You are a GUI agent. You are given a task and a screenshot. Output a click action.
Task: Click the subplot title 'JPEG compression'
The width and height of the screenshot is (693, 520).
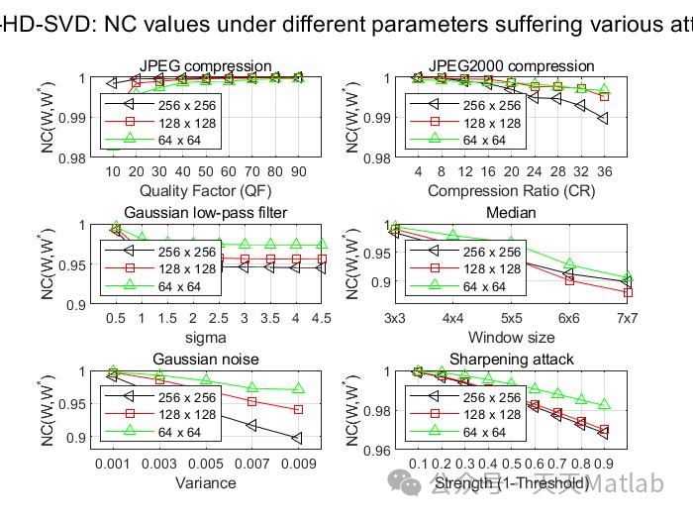click(206, 66)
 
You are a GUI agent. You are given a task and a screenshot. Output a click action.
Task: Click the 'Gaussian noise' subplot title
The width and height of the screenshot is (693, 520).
click(206, 359)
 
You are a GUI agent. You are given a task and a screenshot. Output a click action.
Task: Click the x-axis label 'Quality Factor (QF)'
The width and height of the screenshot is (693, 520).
click(206, 190)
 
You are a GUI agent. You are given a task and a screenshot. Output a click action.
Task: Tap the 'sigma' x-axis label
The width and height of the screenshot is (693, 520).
click(206, 337)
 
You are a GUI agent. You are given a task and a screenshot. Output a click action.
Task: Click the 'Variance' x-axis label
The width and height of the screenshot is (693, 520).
click(206, 482)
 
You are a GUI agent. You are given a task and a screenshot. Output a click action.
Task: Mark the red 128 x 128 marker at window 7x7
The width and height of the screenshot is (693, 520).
click(626, 292)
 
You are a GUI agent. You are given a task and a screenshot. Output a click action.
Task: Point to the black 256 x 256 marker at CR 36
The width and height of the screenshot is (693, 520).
click(604, 119)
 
